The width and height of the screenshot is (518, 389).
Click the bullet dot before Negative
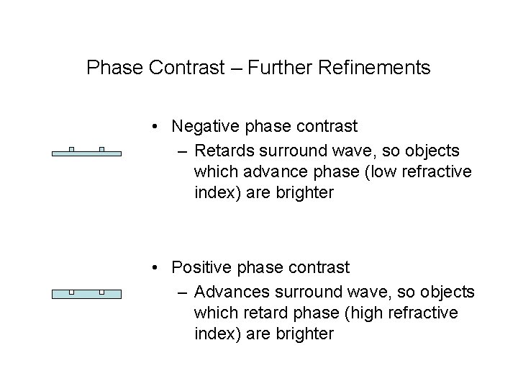pyautogui.click(x=156, y=128)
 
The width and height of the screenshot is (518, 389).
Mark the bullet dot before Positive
pyautogui.click(x=156, y=268)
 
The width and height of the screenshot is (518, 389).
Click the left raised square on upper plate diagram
pyautogui.click(x=71, y=149)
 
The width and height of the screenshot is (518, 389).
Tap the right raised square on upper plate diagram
pyautogui.click(x=101, y=149)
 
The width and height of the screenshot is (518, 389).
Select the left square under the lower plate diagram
pyautogui.click(x=71, y=292)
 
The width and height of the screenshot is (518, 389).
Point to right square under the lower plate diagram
pyautogui.click(x=101, y=292)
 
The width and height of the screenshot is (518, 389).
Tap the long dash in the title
pyautogui.click(x=235, y=69)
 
